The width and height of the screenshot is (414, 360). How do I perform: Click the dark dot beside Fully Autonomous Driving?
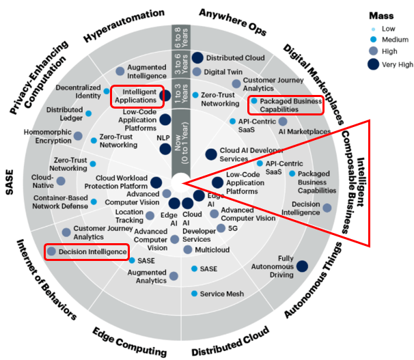click(302, 266)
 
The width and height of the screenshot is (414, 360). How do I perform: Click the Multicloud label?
click(212, 250)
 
